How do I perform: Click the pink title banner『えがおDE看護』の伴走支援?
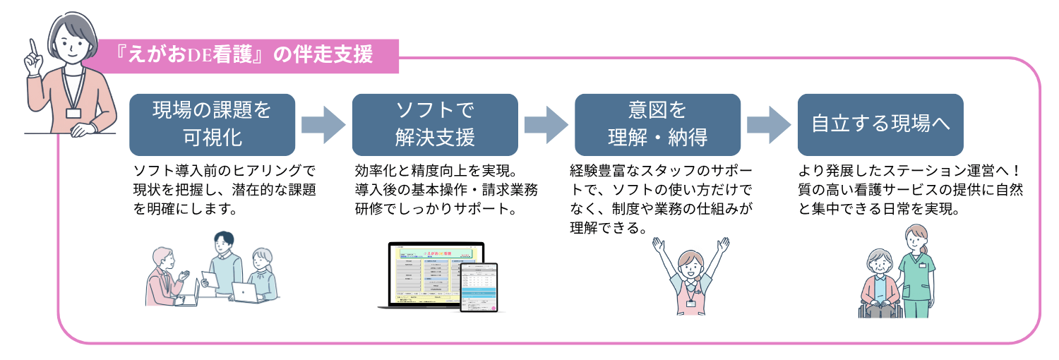coord(247,56)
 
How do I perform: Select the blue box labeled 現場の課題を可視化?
coord(212,124)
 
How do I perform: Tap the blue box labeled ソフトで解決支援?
coord(434,124)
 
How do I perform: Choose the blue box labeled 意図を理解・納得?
coord(657,124)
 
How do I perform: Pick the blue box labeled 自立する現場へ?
coord(880,124)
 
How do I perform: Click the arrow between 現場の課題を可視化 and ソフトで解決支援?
coord(323,124)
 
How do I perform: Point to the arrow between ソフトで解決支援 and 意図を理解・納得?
coord(546,124)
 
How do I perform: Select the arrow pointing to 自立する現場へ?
coord(769,124)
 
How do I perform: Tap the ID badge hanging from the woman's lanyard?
coord(73,112)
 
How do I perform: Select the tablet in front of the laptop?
coord(479,287)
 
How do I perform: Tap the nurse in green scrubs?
coord(916,272)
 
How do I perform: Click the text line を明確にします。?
coord(184,210)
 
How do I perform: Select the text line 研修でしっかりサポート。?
coord(433,210)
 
